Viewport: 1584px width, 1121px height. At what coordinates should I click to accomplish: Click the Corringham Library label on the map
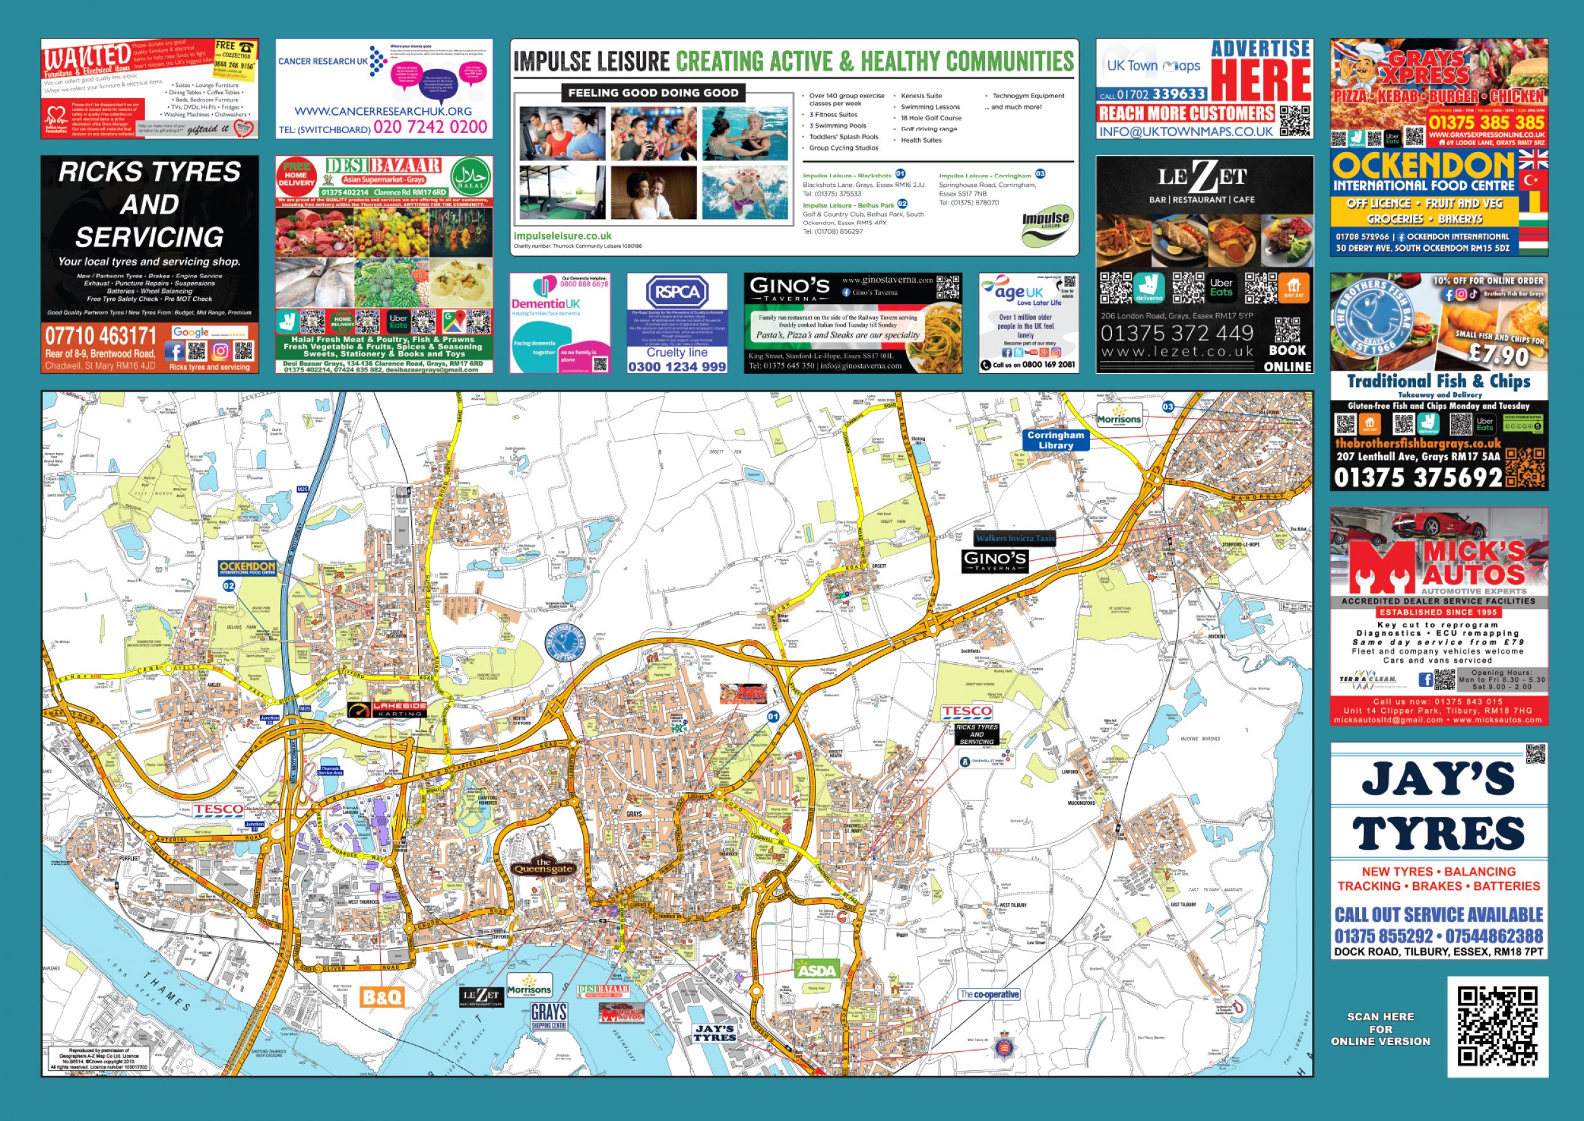pos(1056,440)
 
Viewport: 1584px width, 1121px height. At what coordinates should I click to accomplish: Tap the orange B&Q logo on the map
pos(381,997)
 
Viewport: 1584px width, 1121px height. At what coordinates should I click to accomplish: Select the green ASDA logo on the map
pos(817,970)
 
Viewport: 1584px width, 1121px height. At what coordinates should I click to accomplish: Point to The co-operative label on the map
pos(988,995)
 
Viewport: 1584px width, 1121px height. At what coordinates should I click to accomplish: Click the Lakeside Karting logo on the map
pos(387,710)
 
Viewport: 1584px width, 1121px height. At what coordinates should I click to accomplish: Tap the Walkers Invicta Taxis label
pos(1014,539)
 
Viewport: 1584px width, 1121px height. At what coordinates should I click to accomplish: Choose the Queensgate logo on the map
pos(543,866)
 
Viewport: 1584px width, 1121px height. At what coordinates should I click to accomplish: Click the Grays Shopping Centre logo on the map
pos(549,1016)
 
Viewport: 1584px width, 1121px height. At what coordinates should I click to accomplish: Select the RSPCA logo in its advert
pos(677,292)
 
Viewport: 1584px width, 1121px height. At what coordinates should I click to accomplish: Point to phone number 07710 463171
pos(101,336)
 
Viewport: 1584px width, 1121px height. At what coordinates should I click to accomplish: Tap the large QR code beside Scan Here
pos(1497,1027)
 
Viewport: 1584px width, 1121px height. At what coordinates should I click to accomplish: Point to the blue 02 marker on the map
pos(229,586)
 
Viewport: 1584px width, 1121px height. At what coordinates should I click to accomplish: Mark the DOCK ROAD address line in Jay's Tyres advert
pos(1438,951)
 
